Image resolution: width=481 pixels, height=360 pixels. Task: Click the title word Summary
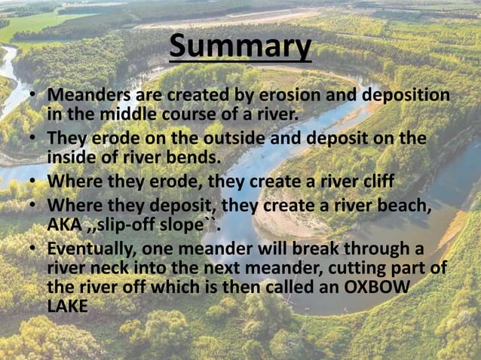(x=240, y=47)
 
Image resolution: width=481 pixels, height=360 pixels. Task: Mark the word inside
(x=73, y=157)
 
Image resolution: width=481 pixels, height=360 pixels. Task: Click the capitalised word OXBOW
(x=390, y=287)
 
